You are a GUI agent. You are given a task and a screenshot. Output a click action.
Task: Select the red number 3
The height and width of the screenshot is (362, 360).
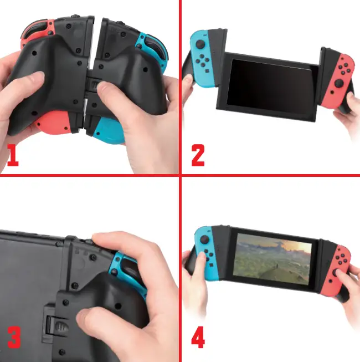(x=15, y=337)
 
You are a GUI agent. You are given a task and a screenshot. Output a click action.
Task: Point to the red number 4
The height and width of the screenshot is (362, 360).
(x=198, y=337)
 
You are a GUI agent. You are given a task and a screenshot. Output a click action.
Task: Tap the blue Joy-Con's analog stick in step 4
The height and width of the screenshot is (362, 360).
(x=203, y=239)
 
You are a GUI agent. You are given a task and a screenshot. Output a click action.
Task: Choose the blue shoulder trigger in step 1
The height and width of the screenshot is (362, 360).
(x=150, y=42)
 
